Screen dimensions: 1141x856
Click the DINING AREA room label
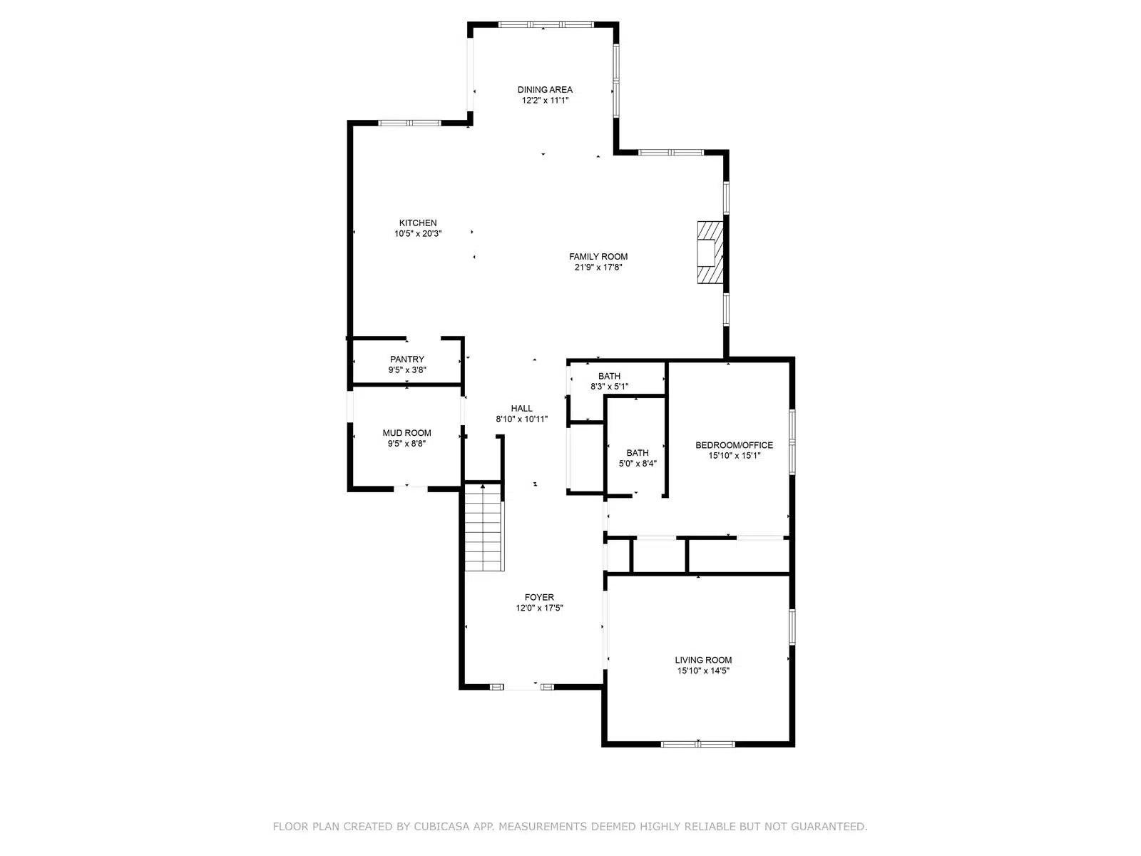click(545, 89)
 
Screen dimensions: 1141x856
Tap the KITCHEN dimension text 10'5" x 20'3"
click(418, 234)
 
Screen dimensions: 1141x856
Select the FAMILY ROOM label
click(598, 256)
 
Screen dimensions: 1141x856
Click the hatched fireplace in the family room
click(710, 253)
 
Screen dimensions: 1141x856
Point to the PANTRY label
click(407, 359)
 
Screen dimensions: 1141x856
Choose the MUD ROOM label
click(407, 433)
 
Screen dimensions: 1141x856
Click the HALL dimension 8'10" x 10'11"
click(521, 419)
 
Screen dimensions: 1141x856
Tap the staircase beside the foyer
click(484, 526)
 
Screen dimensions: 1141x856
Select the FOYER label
click(539, 597)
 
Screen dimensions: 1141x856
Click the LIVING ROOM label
click(703, 660)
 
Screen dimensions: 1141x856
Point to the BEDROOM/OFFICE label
click(734, 445)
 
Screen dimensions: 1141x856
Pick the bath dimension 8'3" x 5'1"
click(609, 387)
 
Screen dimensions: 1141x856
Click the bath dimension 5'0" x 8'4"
click(638, 464)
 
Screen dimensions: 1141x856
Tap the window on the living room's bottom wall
click(697, 744)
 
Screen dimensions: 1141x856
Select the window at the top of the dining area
click(546, 24)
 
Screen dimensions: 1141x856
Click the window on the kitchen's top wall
click(409, 123)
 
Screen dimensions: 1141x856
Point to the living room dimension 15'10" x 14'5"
click(703, 671)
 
